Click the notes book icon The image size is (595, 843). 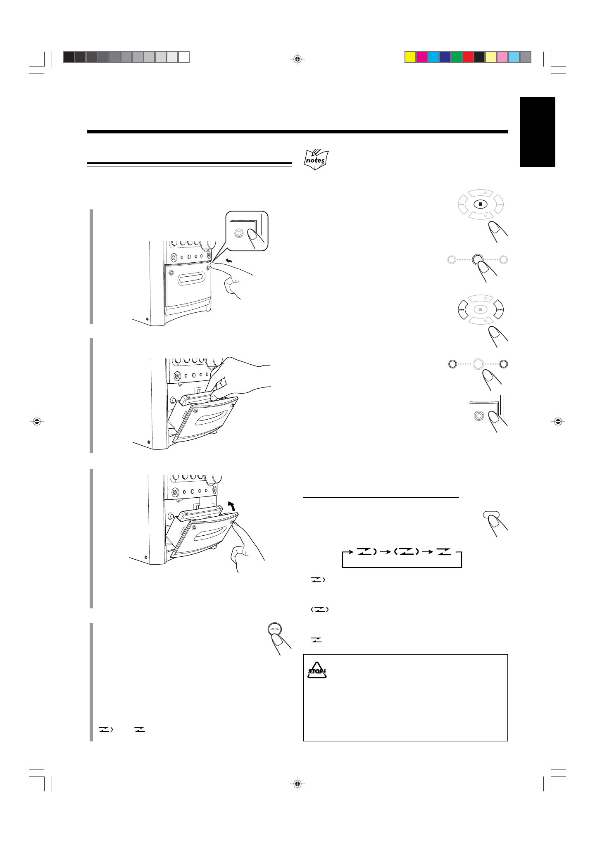pyautogui.click(x=316, y=160)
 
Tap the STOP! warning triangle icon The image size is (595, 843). pyautogui.click(x=317, y=670)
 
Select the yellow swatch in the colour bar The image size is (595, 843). pyautogui.click(x=410, y=57)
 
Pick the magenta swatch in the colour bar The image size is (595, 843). pyautogui.click(x=421, y=57)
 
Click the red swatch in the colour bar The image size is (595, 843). pyautogui.click(x=468, y=57)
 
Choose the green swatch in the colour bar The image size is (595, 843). pyautogui.click(x=456, y=57)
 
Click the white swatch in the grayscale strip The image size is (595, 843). pyautogui.click(x=184, y=57)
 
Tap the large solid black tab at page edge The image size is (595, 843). pyautogui.click(x=537, y=132)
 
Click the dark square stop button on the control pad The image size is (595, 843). pyautogui.click(x=480, y=204)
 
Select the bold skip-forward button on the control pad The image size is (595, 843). pyautogui.click(x=499, y=310)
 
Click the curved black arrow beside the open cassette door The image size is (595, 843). pyautogui.click(x=232, y=506)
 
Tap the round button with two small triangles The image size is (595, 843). pyautogui.click(x=275, y=629)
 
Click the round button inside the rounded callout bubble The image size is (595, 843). pyautogui.click(x=238, y=233)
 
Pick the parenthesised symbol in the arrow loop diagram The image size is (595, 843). pyautogui.click(x=406, y=551)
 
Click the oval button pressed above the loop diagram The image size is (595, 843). pyautogui.click(x=491, y=515)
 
